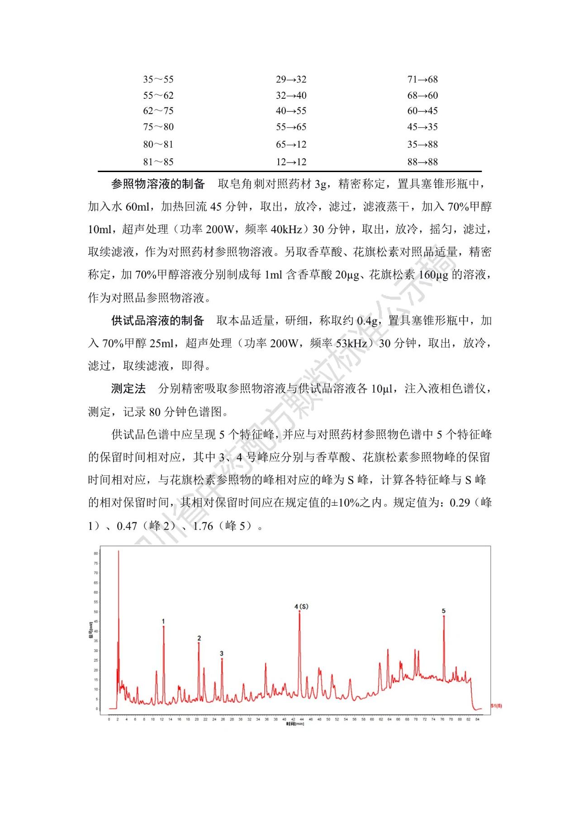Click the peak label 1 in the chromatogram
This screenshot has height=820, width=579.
coord(163,621)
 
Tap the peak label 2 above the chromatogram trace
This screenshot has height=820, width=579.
coord(199,638)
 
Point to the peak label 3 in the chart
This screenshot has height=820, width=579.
coord(222,653)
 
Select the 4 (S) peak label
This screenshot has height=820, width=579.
coord(301,606)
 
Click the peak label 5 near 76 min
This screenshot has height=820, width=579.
coord(444,611)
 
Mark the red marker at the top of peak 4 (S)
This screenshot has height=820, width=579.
coord(299,612)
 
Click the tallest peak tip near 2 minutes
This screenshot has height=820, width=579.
coord(119,551)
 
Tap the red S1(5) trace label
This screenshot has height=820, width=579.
coord(496,705)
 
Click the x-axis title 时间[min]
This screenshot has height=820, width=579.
coord(295,724)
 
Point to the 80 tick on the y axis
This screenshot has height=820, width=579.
coord(96,553)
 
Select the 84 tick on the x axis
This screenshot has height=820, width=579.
coord(477,719)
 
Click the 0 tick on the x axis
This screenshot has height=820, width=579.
coord(109,719)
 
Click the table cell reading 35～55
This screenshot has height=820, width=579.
coord(158,80)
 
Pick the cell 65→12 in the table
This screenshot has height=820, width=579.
coord(291,144)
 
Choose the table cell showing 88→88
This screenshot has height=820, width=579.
coord(422,162)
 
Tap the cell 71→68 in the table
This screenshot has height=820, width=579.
coord(422,80)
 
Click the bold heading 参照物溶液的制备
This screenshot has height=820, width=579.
coord(158,184)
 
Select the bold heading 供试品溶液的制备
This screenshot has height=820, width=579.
coord(158,321)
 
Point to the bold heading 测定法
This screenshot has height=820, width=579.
coord(128,388)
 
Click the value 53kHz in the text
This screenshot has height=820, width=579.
coord(351,343)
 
